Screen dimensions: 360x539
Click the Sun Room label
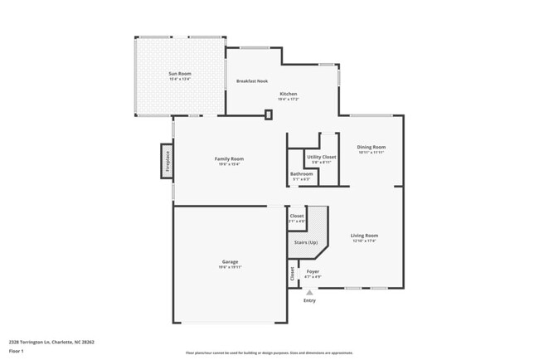180,74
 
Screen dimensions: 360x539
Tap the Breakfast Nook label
252,81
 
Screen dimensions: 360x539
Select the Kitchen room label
288,94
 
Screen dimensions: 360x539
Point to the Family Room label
230,158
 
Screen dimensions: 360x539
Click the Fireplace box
167,161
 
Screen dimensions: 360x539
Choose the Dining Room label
371,147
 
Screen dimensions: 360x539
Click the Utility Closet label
321,157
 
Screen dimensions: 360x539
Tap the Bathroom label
301,174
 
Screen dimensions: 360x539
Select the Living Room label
364,236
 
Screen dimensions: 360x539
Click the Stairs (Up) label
306,242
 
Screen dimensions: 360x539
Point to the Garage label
230,261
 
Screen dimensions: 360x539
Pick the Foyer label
313,271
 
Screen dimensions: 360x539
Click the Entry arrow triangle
309,292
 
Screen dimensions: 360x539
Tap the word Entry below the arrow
309,300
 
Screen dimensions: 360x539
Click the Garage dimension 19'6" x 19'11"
230,267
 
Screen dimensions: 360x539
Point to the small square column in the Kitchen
268,114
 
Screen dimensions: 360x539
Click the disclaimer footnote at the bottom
269,353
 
